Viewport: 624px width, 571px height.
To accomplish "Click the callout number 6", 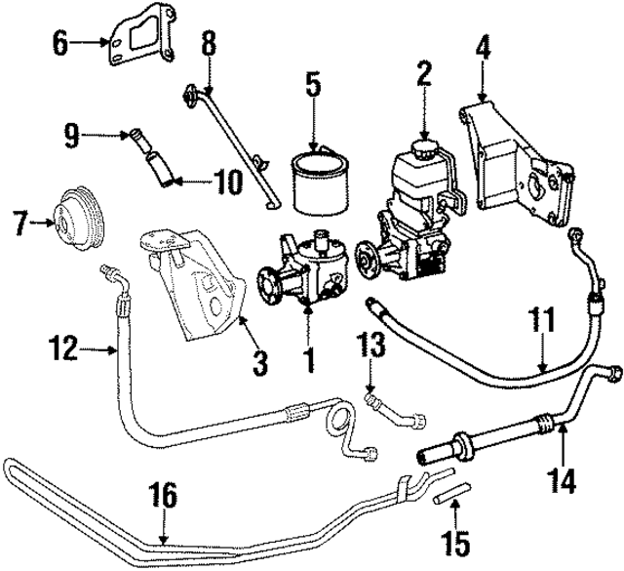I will tap(58, 43).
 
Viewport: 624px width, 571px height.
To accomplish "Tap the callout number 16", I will tap(165, 496).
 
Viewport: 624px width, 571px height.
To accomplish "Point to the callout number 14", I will tap(565, 481).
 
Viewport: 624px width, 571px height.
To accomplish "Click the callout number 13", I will tap(371, 345).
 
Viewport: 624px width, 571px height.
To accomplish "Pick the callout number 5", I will tap(312, 84).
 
